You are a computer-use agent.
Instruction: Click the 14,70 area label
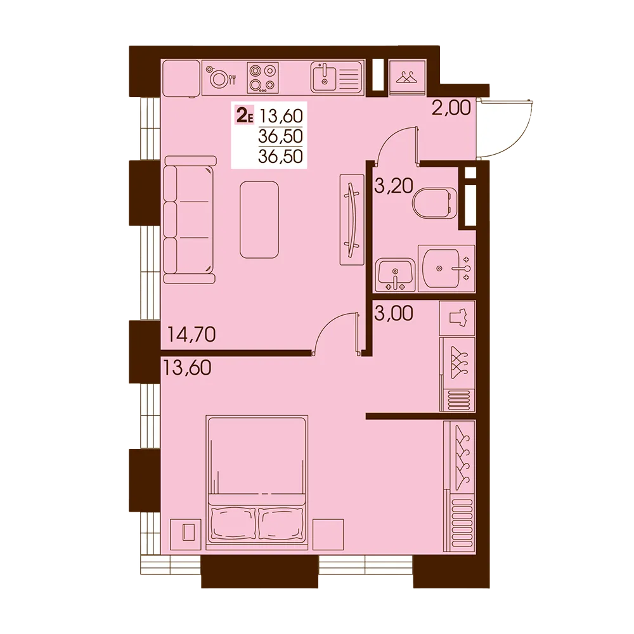coord(191,335)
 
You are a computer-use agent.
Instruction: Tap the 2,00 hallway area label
coord(451,108)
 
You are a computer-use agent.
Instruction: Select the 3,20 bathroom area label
coord(394,186)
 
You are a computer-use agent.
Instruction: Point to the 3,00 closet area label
coord(394,313)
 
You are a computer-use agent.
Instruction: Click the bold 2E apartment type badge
coord(244,116)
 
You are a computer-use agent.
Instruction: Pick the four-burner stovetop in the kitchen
coord(263,77)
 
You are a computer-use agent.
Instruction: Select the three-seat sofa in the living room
coord(190,219)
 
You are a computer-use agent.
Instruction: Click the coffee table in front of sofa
coord(259,219)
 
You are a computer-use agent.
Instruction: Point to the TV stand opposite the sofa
coord(352,219)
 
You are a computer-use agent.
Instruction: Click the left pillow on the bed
coord(233,524)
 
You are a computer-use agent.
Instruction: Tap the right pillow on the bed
coord(281,524)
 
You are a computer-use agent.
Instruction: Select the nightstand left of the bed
coord(186,534)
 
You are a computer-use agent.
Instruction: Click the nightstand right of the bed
coord(328,534)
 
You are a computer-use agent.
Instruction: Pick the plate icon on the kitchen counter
coord(219,78)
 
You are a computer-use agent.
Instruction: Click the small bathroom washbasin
coord(395,275)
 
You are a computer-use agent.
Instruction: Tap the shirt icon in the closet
coord(457,318)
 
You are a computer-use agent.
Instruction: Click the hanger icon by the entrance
coord(407,77)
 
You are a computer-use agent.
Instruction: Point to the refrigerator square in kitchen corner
coord(181,79)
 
